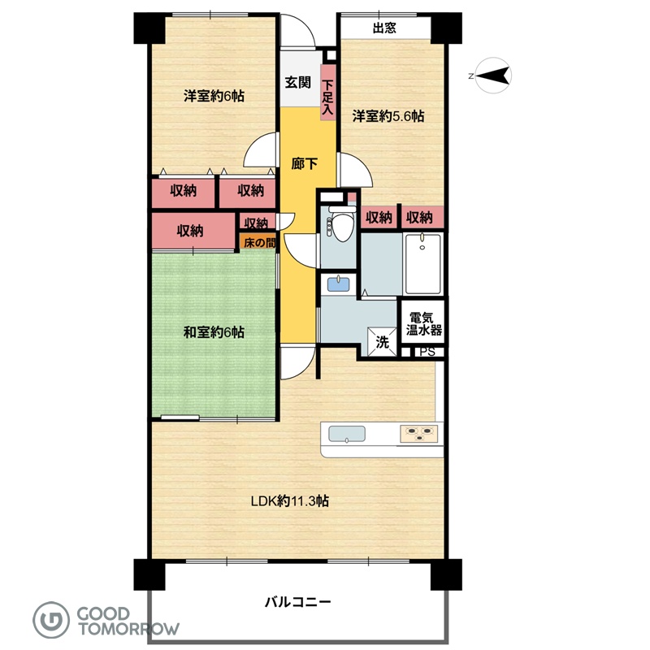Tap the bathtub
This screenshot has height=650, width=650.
pos(422,264)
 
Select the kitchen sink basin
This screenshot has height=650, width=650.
pos(347,434)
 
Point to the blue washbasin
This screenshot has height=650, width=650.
pos(339,284)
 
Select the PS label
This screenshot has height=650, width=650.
pos(427,352)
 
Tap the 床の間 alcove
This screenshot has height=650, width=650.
pos(258,242)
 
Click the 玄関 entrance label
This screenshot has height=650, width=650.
pos(297,82)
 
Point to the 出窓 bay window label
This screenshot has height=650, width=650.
pos(384,28)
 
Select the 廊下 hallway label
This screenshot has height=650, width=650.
pos(304,164)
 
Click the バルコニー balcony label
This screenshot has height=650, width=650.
pos(297,601)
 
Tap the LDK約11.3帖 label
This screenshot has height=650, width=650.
pos(290,501)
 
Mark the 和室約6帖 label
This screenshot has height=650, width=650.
pos(214,332)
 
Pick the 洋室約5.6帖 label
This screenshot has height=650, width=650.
pos(388,116)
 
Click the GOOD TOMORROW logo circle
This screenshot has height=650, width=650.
pos(51,620)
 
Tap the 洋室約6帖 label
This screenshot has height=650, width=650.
pos(214,96)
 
